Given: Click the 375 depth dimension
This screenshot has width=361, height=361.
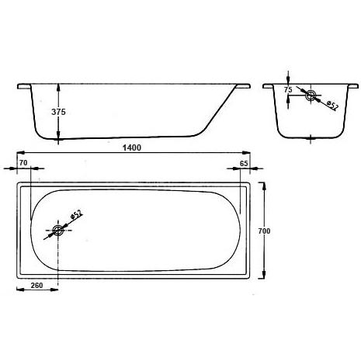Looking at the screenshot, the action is click(x=58, y=112).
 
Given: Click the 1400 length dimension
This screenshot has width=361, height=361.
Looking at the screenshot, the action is click(x=132, y=148).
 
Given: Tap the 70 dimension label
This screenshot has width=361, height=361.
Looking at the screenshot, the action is click(x=23, y=163).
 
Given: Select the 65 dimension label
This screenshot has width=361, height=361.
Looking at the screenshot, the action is click(x=244, y=164).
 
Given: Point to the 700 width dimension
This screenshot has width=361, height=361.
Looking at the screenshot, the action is click(x=264, y=231).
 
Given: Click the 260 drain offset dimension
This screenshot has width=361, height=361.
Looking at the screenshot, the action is click(x=36, y=286).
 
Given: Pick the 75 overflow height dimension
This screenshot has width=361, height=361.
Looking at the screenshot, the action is click(x=288, y=90).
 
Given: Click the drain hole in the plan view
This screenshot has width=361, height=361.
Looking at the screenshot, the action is click(x=57, y=230).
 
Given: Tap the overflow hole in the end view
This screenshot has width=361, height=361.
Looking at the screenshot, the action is click(x=310, y=95).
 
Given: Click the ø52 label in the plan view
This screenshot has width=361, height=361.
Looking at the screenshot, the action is click(x=76, y=214).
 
